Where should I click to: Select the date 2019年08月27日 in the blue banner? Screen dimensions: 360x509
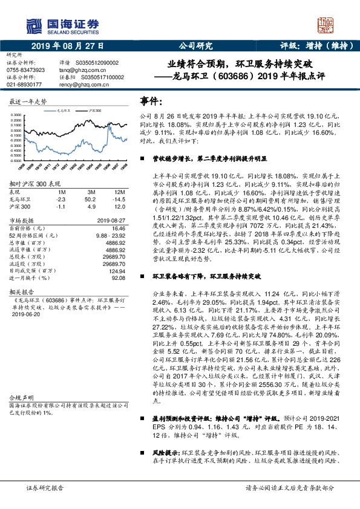pos(68,45)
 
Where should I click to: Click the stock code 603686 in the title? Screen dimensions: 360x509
pos(222,77)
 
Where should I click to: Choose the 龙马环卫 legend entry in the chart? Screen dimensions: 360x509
pos(65,111)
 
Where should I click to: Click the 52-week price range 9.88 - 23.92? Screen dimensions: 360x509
pos(110,236)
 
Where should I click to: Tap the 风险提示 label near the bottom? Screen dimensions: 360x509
pos(165,452)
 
